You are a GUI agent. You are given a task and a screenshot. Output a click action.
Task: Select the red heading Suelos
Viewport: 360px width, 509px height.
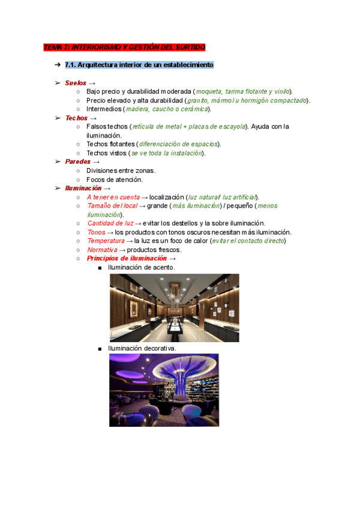(75, 82)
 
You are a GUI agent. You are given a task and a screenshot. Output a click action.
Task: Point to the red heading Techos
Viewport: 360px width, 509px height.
(76, 118)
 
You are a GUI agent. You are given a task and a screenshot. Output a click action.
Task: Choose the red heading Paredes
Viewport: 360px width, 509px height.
(77, 161)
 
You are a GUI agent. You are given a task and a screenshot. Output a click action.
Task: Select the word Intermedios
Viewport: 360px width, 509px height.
(104, 109)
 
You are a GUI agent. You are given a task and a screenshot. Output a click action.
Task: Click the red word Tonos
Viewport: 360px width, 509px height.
(96, 232)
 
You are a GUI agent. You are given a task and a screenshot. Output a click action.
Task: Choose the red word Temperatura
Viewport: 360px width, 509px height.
(106, 241)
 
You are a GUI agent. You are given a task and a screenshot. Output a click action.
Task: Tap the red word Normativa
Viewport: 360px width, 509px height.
(102, 250)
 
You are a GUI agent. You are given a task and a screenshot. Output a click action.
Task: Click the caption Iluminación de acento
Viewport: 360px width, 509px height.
(142, 267)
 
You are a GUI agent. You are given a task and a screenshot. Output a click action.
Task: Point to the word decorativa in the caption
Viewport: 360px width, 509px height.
(158, 348)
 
